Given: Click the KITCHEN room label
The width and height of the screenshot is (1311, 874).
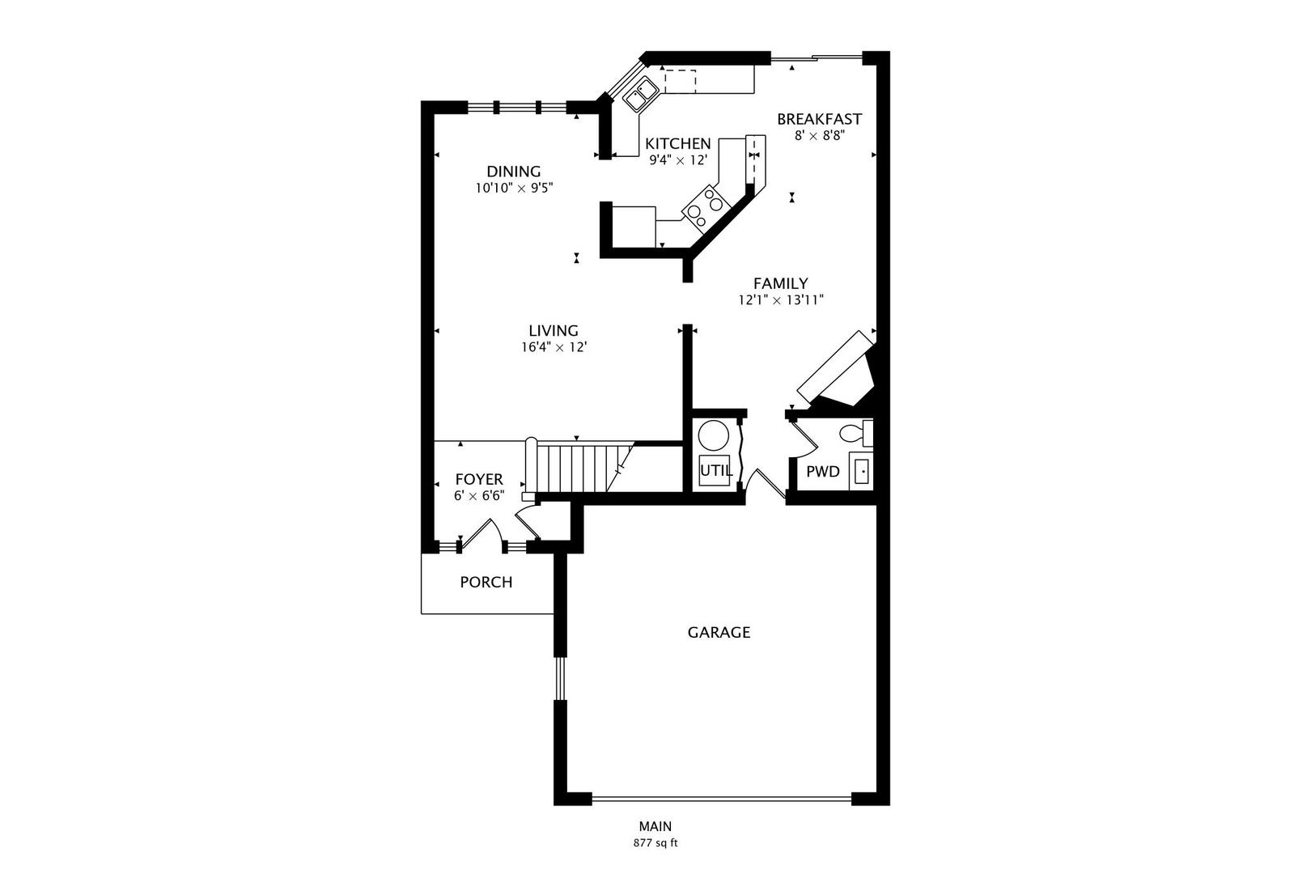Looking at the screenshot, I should pyautogui.click(x=677, y=144).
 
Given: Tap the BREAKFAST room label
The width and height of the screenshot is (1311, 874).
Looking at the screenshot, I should pyautogui.click(x=819, y=119).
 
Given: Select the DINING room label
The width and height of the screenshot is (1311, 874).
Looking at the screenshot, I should pyautogui.click(x=513, y=172).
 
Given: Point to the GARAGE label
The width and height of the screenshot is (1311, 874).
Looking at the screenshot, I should pyautogui.click(x=719, y=632).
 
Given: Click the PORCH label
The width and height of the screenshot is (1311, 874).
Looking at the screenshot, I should pyautogui.click(x=486, y=582).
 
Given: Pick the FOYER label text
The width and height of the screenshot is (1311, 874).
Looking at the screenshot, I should pyautogui.click(x=478, y=479).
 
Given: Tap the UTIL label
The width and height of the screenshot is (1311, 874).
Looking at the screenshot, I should pyautogui.click(x=715, y=469).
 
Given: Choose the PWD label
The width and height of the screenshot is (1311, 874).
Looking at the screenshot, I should pyautogui.click(x=822, y=471).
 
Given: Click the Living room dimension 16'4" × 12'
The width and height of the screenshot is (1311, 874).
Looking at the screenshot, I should pyautogui.click(x=554, y=347).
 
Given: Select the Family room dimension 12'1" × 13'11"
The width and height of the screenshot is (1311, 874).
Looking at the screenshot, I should pyautogui.click(x=780, y=300).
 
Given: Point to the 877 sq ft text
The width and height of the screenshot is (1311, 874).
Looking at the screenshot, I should pyautogui.click(x=655, y=843).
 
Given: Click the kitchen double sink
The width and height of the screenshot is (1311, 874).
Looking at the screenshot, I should pyautogui.click(x=640, y=94).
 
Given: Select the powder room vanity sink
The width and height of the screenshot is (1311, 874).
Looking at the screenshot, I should pyautogui.click(x=861, y=471).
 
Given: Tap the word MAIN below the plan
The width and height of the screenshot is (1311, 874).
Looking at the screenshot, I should pyautogui.click(x=655, y=826).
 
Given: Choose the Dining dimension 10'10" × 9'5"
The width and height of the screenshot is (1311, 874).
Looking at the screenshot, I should pyautogui.click(x=513, y=188).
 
